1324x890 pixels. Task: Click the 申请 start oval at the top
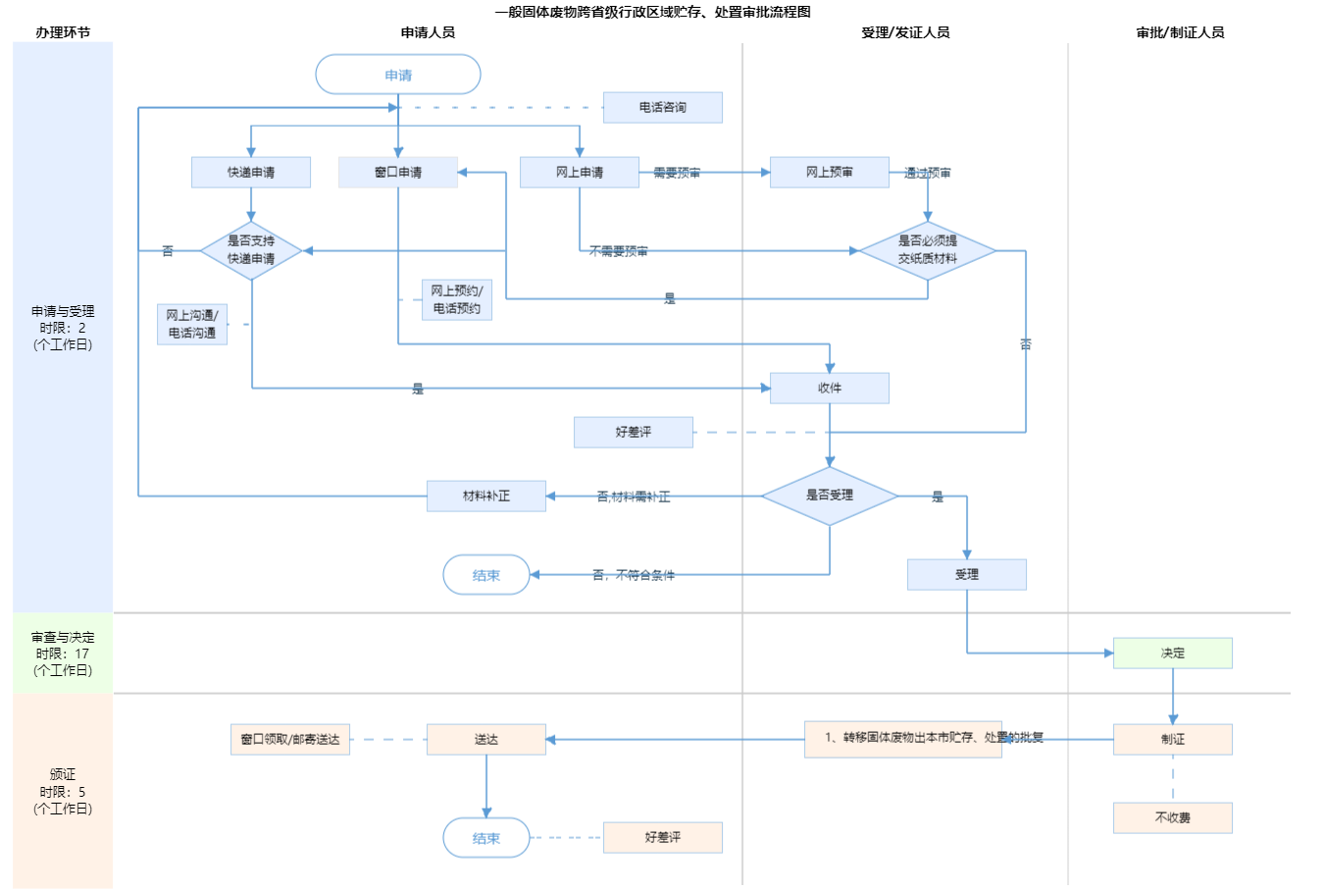[398, 75]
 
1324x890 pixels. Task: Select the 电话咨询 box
[663, 107]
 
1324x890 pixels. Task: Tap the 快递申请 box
[251, 172]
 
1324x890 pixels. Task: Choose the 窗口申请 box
[398, 172]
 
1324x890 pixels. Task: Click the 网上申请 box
[580, 172]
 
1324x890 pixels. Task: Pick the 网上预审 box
[830, 172]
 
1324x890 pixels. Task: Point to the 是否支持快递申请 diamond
[251, 250]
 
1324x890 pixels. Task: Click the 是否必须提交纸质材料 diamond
[928, 250]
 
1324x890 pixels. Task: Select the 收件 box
[830, 388]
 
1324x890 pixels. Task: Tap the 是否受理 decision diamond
[830, 496]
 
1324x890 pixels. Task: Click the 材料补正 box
[486, 496]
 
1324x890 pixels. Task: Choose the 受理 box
[967, 574]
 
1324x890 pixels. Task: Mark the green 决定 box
[1173, 653]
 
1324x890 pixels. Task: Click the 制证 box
[1173, 739]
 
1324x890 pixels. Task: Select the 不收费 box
[1173, 817]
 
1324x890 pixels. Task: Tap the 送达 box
[486, 739]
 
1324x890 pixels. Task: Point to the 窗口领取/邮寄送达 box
[290, 739]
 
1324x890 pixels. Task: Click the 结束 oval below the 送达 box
[486, 838]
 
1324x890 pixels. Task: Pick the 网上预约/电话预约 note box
[457, 299]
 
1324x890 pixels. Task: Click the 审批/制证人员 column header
[1180, 32]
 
